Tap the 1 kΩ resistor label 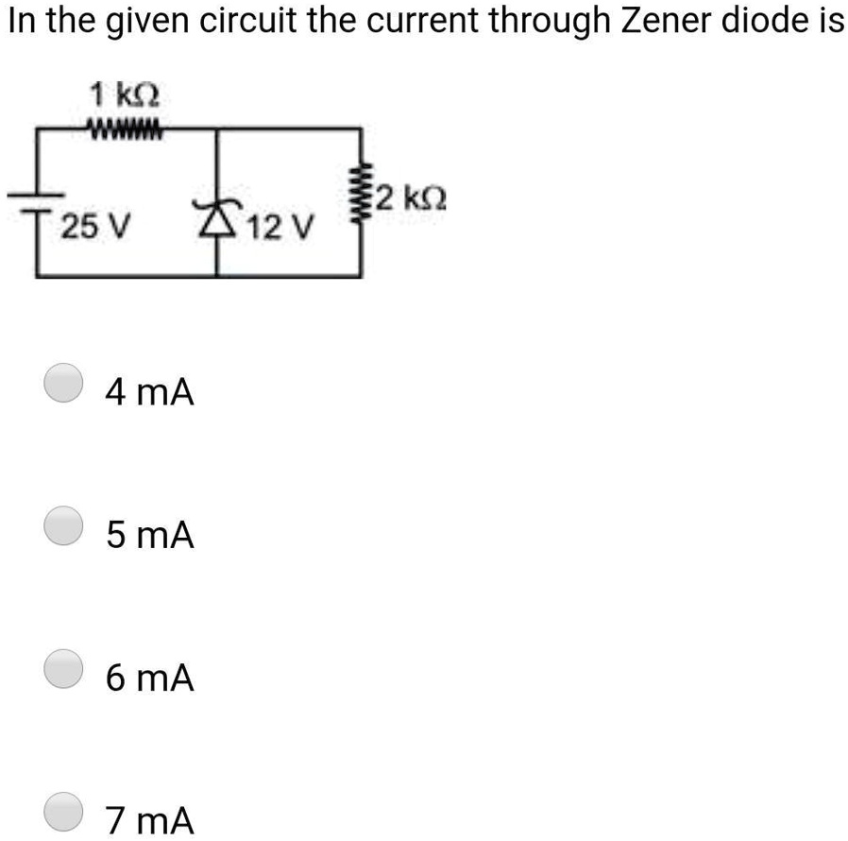click(x=125, y=95)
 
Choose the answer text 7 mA click(x=150, y=820)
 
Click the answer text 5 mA click(x=150, y=536)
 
